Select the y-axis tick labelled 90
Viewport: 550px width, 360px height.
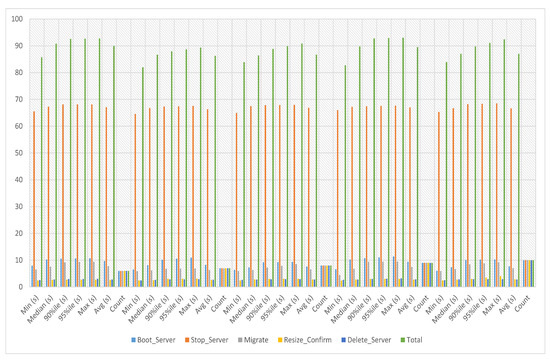pyautogui.click(x=19, y=46)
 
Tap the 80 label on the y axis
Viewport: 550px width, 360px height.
pyautogui.click(x=19, y=73)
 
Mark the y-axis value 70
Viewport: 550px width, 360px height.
pyautogui.click(x=19, y=100)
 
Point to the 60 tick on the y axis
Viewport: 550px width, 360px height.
pyautogui.click(x=19, y=127)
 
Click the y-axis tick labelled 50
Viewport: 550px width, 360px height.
pyautogui.click(x=19, y=153)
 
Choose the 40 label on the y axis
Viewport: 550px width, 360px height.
pyautogui.click(x=19, y=180)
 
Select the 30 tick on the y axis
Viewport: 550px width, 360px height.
pyautogui.click(x=19, y=207)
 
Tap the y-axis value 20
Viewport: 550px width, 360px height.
pyautogui.click(x=19, y=234)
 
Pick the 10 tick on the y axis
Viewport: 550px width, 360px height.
pyautogui.click(x=19, y=261)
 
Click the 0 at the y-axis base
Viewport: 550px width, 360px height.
pyautogui.click(x=21, y=288)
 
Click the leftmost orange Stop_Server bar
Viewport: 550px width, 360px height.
pyautogui.click(x=35, y=199)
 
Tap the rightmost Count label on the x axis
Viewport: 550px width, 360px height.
pyautogui.click(x=529, y=302)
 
